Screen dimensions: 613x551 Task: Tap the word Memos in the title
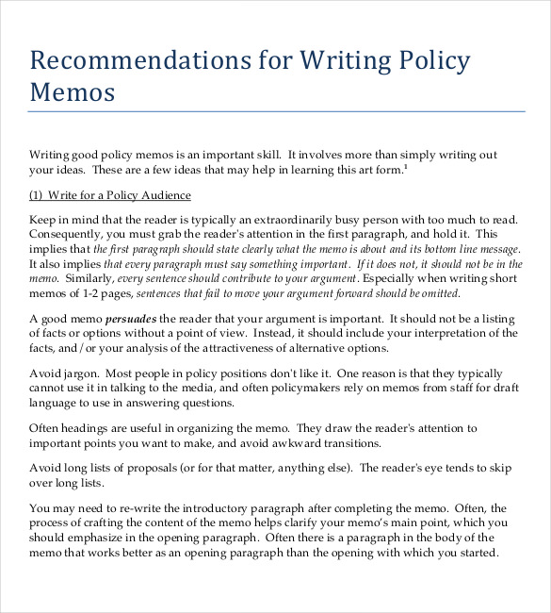[x=73, y=92]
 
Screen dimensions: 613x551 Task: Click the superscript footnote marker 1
[x=406, y=166]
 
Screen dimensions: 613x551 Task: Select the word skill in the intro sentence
[x=263, y=155]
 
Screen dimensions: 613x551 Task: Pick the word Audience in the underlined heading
[x=165, y=195]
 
